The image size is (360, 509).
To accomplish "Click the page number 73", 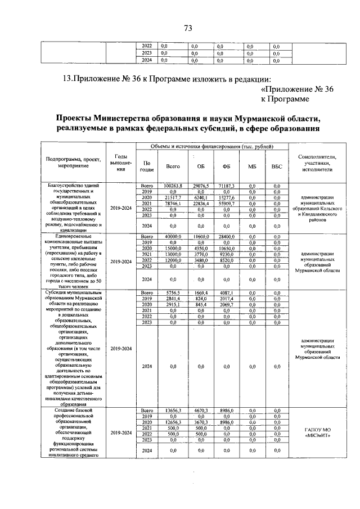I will tap(187, 29).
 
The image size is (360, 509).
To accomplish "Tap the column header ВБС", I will tap(276, 166).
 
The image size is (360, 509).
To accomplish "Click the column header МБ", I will tap(251, 166).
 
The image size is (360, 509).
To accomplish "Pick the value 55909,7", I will tap(226, 204).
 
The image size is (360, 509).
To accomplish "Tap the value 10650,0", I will tap(226, 249).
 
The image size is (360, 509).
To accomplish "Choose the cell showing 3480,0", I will tap(201, 260).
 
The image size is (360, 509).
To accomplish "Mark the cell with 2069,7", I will tap(226, 305).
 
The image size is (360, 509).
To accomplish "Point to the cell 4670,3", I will tap(201, 411).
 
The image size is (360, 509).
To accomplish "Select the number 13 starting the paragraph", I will tap(67, 79).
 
